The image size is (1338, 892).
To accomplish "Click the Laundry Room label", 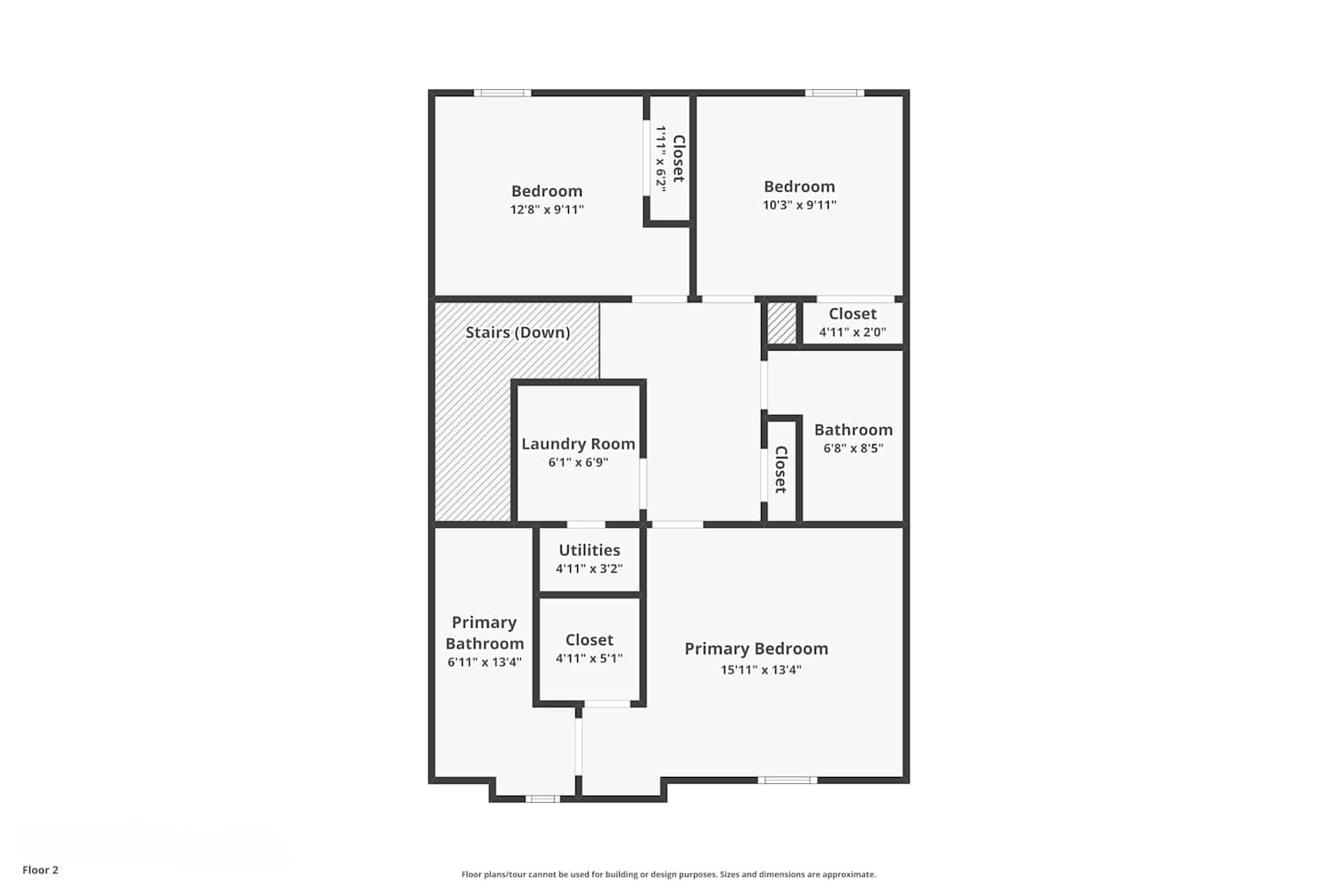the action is coord(578,444).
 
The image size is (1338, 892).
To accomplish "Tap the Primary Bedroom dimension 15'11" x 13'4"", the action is coord(761,669).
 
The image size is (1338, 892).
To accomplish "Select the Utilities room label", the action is coord(590,549).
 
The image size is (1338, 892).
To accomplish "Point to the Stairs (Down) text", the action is coord(518,332).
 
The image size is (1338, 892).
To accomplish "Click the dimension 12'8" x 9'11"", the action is coord(547,209).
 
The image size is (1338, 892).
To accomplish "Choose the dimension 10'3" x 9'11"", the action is coord(800,204).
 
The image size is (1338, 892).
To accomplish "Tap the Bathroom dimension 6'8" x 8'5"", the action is coord(854,448).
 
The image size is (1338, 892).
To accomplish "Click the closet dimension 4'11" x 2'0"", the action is coord(853,332).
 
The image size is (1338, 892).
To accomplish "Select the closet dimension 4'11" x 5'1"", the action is coord(590,658).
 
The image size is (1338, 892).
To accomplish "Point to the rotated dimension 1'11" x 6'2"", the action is coord(661,158).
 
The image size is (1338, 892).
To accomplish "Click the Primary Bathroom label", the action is coord(484,632).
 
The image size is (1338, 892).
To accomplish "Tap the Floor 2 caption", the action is coord(41,870).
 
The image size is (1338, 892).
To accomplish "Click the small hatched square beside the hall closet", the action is coord(782,323).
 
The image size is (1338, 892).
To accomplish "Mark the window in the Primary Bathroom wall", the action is coord(543,799).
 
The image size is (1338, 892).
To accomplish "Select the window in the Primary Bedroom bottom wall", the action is coord(788,780).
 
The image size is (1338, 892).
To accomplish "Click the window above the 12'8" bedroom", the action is coord(502,93).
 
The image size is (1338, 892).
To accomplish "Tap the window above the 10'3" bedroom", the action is coord(834,93).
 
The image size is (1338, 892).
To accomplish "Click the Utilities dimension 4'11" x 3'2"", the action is coord(590,568).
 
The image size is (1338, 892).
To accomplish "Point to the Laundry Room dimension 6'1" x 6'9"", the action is coord(578,462).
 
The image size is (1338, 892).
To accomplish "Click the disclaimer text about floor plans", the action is coord(669,874).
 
